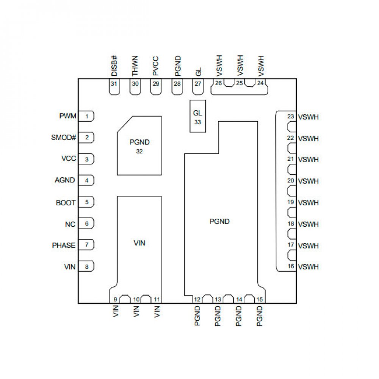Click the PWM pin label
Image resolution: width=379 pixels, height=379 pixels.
point(68,116)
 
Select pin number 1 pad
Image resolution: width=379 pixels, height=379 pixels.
point(87,116)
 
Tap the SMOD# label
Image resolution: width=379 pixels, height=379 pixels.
point(64,137)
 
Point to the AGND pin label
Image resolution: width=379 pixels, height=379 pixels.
point(65,180)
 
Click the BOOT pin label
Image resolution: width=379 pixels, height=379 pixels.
point(66,203)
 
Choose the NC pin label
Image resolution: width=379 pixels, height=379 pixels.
point(70,224)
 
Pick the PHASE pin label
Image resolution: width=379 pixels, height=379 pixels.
point(64,246)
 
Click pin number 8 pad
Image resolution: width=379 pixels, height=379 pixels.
point(87,267)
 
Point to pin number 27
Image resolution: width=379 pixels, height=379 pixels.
point(198,84)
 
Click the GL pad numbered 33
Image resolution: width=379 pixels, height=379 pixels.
point(197,116)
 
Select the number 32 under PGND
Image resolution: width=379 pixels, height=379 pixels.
point(139,151)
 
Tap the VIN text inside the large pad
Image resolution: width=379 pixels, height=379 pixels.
point(139,243)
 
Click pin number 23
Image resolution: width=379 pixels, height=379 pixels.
point(291,116)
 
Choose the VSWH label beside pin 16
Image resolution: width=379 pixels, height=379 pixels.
point(308,267)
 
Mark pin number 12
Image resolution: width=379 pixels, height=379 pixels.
point(197,299)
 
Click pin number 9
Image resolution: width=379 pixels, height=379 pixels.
point(115,299)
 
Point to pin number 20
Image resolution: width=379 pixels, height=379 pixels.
point(291,181)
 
